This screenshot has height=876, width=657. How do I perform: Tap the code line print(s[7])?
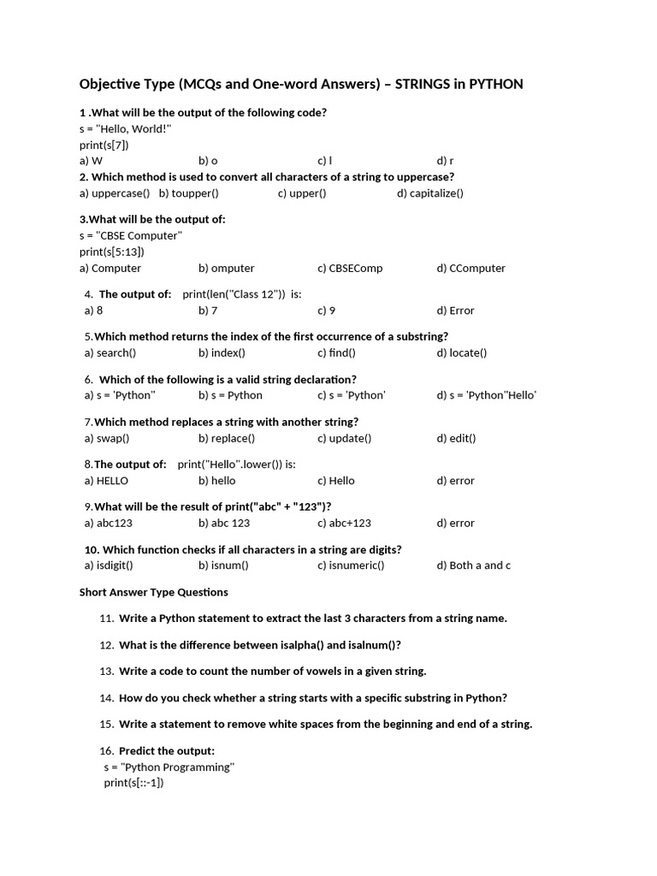(104, 145)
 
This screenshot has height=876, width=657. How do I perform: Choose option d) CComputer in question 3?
(471, 268)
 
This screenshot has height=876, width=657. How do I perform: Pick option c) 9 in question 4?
(326, 311)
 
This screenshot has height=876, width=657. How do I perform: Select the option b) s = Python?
(230, 395)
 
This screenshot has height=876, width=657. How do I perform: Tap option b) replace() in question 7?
(227, 438)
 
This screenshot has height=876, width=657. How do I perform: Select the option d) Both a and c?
(473, 565)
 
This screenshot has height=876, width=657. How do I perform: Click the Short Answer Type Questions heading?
(154, 592)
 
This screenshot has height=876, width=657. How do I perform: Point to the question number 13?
(107, 672)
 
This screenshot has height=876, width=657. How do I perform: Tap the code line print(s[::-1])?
(133, 783)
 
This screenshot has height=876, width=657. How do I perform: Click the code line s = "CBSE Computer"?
(131, 235)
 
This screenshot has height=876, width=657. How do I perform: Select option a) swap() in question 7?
(107, 438)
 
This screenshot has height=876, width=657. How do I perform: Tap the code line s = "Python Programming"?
(169, 767)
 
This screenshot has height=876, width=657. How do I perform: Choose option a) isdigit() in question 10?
(109, 565)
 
